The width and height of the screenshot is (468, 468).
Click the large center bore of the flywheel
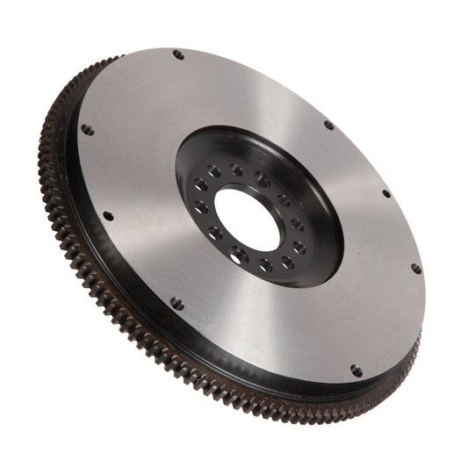[248, 218]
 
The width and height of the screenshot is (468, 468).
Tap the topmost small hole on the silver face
[178, 54]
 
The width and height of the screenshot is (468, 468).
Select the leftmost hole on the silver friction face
[87, 129]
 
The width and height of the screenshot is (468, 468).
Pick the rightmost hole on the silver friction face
[415, 269]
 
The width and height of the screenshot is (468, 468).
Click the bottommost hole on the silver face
[356, 371]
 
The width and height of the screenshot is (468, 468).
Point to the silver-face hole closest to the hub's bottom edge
[177, 304]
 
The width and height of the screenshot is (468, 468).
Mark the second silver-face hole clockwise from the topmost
[385, 193]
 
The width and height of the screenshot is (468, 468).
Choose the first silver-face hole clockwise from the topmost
[329, 125]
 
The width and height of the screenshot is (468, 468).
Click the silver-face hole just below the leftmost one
[108, 215]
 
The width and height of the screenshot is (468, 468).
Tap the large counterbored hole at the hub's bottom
[237, 256]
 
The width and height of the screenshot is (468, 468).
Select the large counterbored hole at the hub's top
[262, 180]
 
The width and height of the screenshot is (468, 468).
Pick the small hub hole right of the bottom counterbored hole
[265, 263]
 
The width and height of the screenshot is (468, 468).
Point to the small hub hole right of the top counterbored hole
[284, 200]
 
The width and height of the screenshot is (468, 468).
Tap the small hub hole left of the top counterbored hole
[236, 169]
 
